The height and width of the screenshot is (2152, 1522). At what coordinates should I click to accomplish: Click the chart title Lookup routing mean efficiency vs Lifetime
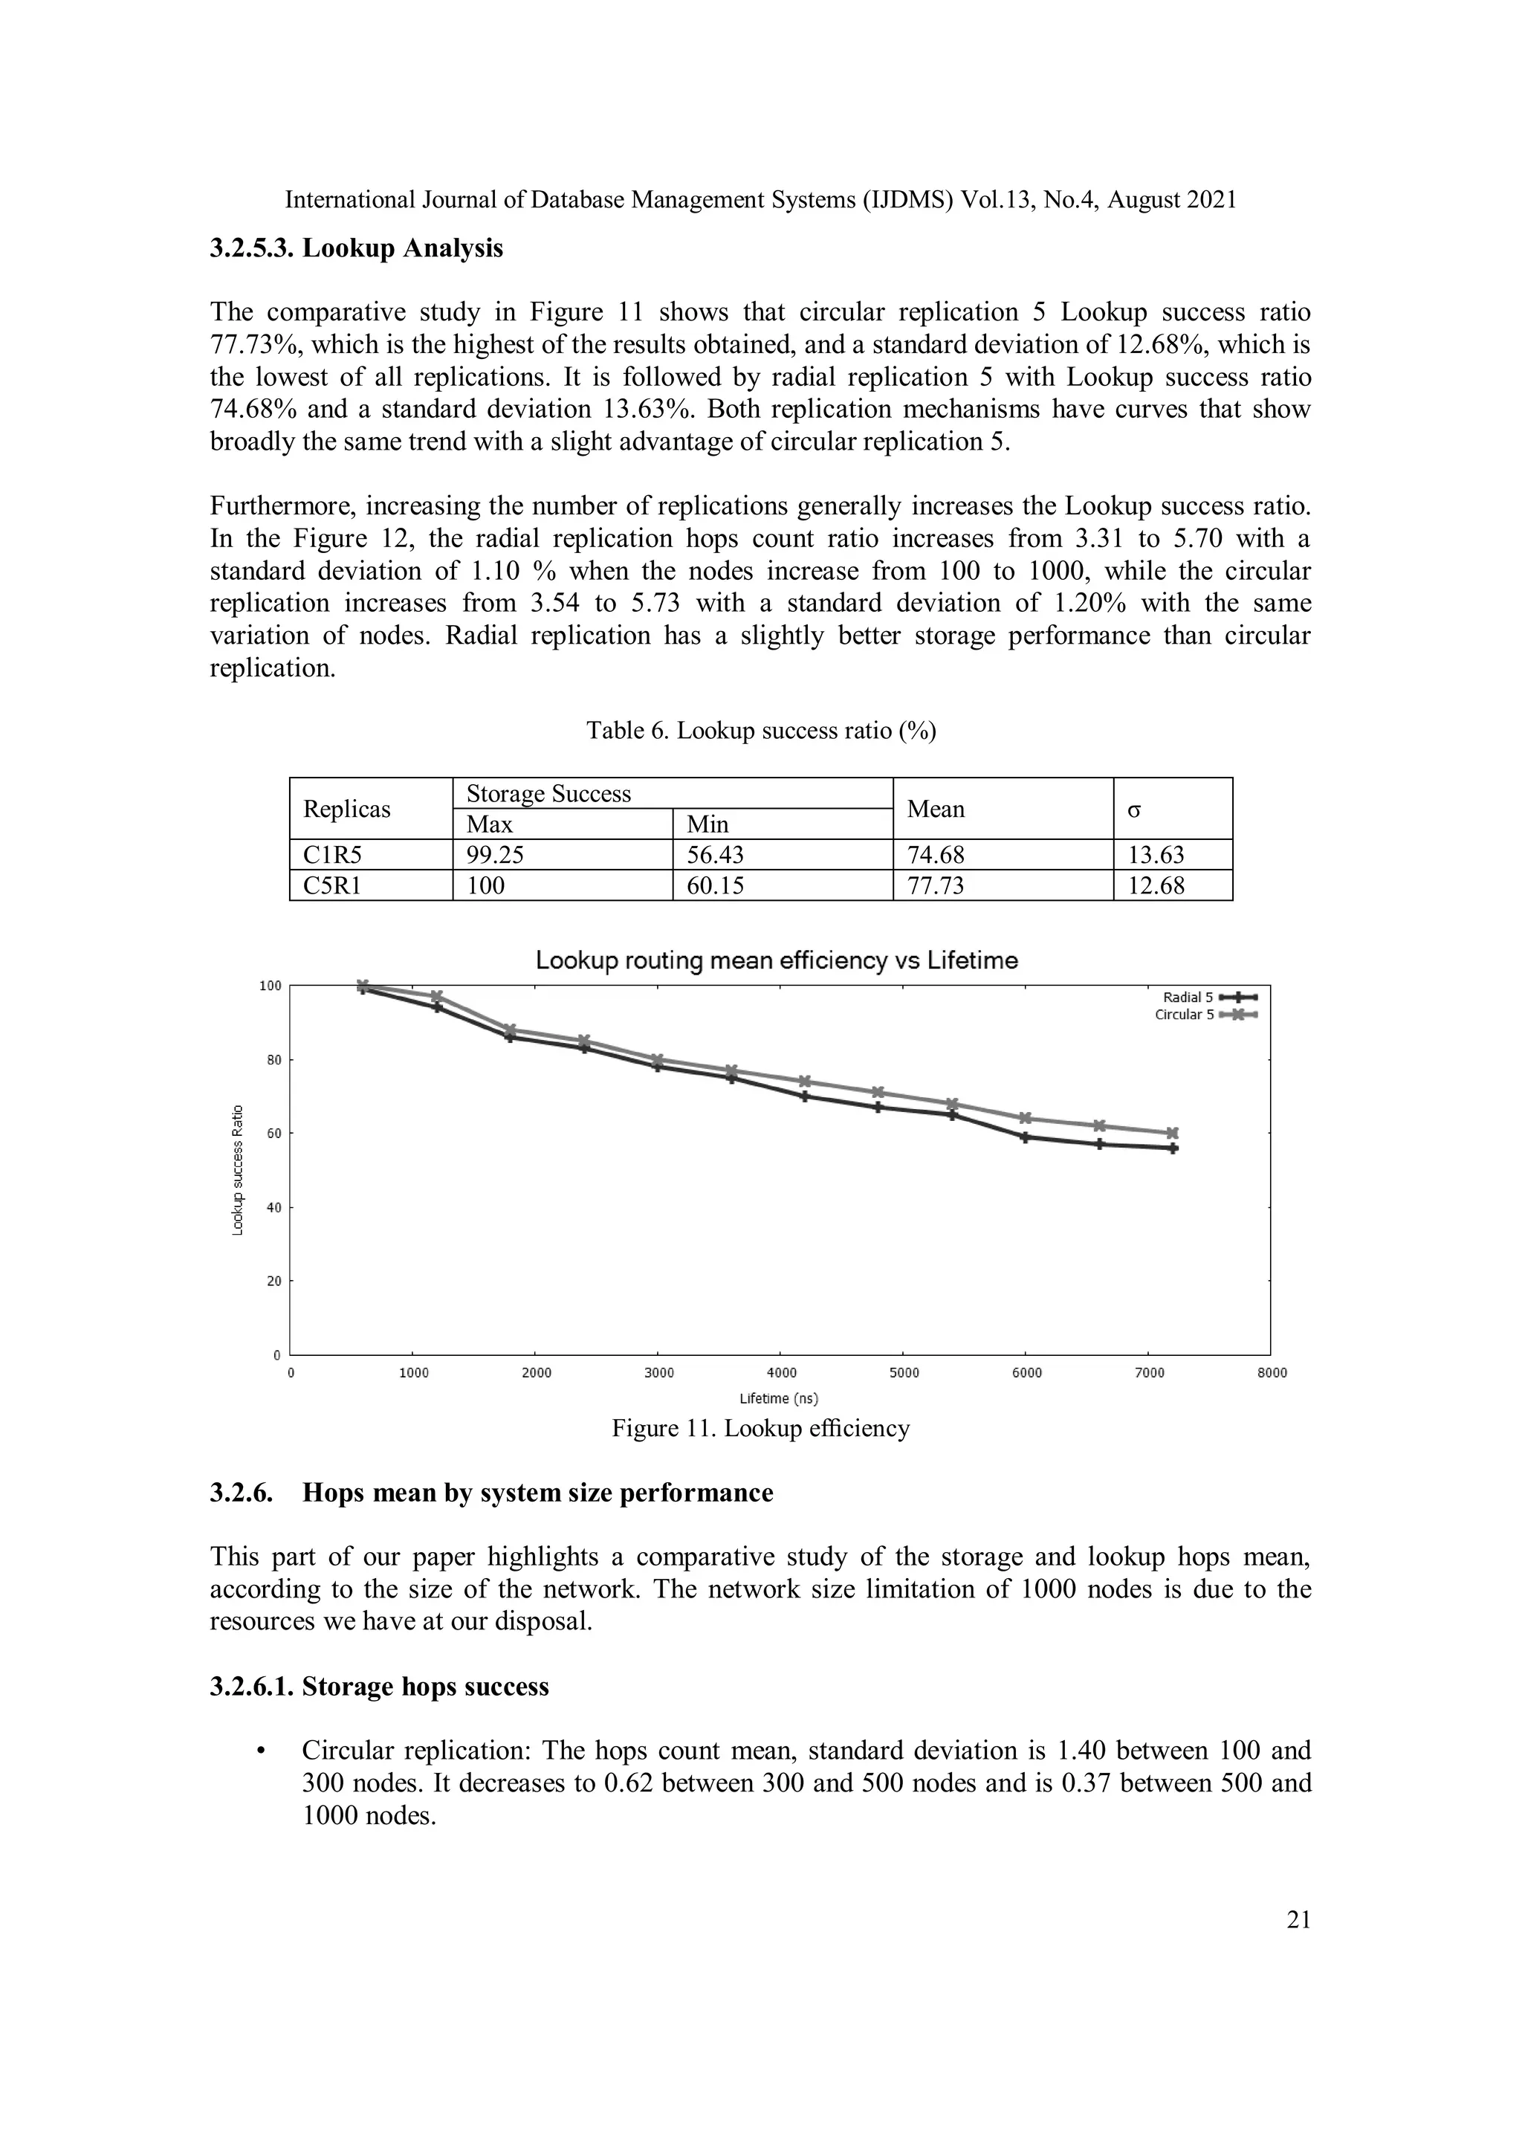[776, 960]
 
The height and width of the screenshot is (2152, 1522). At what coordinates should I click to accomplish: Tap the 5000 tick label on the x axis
[904, 1372]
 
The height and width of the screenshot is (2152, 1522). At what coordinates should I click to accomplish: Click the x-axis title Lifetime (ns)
[778, 1398]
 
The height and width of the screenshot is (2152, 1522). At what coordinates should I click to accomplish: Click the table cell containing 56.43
[715, 855]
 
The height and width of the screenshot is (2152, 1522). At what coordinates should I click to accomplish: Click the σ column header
[1134, 809]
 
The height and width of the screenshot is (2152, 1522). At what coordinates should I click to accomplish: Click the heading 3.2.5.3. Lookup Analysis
[356, 248]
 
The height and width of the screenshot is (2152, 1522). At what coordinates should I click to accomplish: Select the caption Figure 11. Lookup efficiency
[760, 1429]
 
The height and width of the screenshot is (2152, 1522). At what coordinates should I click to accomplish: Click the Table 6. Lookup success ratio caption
[761, 730]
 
